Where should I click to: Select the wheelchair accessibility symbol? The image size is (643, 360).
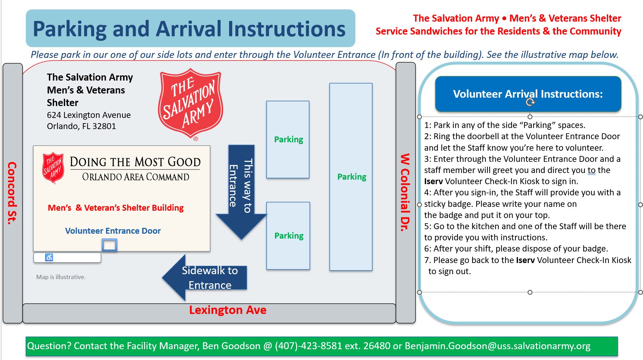coord(49,257)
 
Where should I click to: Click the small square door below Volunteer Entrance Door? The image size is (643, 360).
coord(109,245)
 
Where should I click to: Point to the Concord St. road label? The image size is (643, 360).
coord(12,193)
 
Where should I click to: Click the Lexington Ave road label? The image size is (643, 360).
coord(228,310)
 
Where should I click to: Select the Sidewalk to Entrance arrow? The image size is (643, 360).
coord(206,278)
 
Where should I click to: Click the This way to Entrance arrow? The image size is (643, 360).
coord(241,188)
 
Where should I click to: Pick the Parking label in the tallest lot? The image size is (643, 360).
coord(351,177)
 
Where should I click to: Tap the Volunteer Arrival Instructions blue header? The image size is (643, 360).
coord(528,94)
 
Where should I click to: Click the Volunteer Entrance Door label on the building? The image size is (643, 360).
coord(113,231)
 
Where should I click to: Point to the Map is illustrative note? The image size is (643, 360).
coord(61,277)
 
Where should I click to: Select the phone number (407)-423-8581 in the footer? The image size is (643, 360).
coord(308,346)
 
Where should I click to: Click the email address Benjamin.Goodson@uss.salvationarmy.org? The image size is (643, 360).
coord(497,346)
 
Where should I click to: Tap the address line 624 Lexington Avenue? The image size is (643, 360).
coord(89,115)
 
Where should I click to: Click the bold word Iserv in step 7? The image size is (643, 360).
coord(525,260)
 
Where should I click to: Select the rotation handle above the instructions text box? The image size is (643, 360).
coord(530,102)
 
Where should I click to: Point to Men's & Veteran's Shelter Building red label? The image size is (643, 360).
coord(116,208)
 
